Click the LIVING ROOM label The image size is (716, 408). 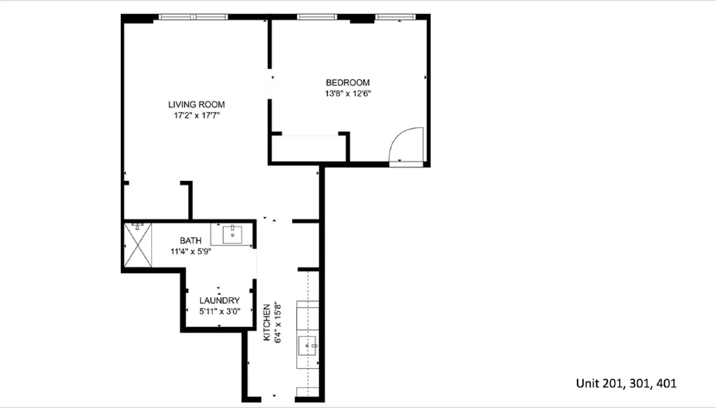[196, 104]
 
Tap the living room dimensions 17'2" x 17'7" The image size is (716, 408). [196, 115]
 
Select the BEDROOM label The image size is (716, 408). [348, 82]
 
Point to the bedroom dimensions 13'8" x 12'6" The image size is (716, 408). [348, 93]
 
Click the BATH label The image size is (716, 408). [191, 241]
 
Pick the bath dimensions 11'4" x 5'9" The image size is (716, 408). [191, 251]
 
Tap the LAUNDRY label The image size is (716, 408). [219, 301]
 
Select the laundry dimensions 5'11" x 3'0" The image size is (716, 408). [219, 311]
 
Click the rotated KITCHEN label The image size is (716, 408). [267, 322]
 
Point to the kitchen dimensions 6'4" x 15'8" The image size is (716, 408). [278, 322]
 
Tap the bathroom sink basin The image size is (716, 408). [232, 235]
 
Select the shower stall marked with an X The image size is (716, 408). [137, 245]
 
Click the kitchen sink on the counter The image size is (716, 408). [307, 346]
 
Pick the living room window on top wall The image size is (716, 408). [193, 17]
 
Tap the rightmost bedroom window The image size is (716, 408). [395, 17]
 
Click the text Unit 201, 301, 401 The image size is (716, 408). [626, 383]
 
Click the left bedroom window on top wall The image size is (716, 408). [317, 17]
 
